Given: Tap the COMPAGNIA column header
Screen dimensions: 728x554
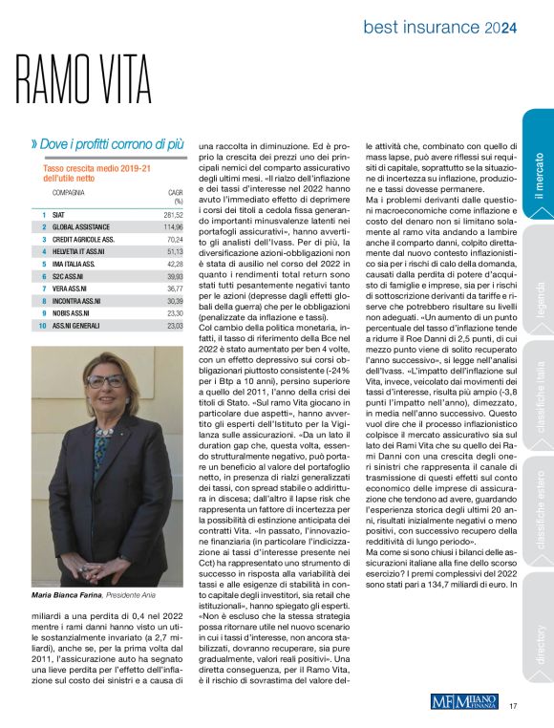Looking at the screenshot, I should (x=71, y=192).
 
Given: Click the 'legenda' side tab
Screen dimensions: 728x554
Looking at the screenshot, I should (x=539, y=277).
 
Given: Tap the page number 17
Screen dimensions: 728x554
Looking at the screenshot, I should (x=513, y=706).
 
